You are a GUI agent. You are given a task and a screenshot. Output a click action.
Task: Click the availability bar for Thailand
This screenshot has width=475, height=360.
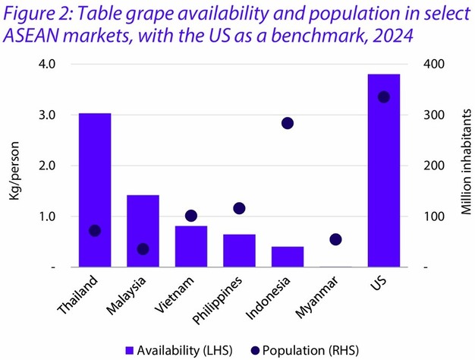pos(94,190)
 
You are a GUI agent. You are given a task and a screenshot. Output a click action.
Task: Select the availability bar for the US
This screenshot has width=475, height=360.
pos(383,171)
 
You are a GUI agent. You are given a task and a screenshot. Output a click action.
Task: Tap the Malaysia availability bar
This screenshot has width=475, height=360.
pos(143,231)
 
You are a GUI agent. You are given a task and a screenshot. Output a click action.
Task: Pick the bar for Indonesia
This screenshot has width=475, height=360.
pos(288,257)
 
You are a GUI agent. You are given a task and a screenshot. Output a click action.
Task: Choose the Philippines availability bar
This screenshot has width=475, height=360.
pos(239,251)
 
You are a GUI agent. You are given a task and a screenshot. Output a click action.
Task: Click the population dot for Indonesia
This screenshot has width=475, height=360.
pos(288,123)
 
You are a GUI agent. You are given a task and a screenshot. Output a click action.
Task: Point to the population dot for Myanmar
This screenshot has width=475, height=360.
pos(335,239)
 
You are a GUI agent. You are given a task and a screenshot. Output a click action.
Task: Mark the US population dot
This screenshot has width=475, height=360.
pos(384,96)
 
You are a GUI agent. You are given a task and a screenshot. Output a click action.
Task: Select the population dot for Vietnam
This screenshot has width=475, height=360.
pos(191,216)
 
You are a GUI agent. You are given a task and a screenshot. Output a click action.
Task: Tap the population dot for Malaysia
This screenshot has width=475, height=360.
pos(143,249)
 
